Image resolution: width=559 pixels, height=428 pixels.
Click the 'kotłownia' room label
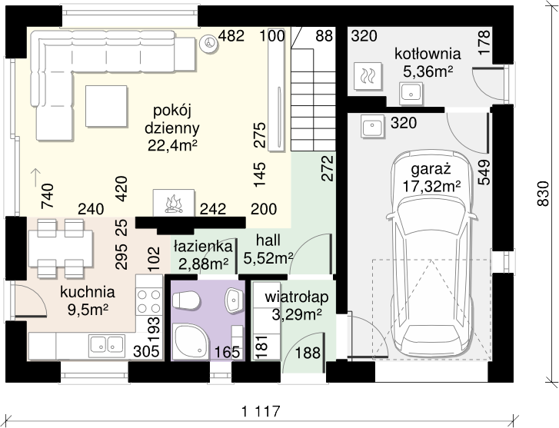click(428, 54)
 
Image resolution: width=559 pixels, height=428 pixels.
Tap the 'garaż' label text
click(431, 169)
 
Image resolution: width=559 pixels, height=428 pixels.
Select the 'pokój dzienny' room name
click(172, 119)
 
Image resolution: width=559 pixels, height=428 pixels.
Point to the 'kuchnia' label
click(88, 292)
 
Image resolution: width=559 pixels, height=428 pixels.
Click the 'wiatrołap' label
click(297, 297)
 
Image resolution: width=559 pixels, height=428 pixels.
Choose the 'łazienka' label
click(203, 246)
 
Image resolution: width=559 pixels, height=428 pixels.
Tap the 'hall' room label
click(268, 241)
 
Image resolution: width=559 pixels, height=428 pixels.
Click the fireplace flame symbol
click(174, 204)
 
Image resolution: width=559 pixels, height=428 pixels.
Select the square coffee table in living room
click(106, 106)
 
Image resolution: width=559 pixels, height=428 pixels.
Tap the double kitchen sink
click(107, 344)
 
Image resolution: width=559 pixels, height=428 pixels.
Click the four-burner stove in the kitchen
click(149, 301)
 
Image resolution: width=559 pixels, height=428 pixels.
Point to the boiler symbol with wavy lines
click(368, 76)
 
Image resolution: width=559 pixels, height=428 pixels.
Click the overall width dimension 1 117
click(261, 412)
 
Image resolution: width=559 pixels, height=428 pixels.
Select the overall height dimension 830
click(543, 194)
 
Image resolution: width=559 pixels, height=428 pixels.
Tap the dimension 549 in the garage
click(484, 172)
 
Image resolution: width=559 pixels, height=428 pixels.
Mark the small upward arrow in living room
click(35, 177)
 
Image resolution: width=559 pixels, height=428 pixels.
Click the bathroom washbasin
click(234, 300)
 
